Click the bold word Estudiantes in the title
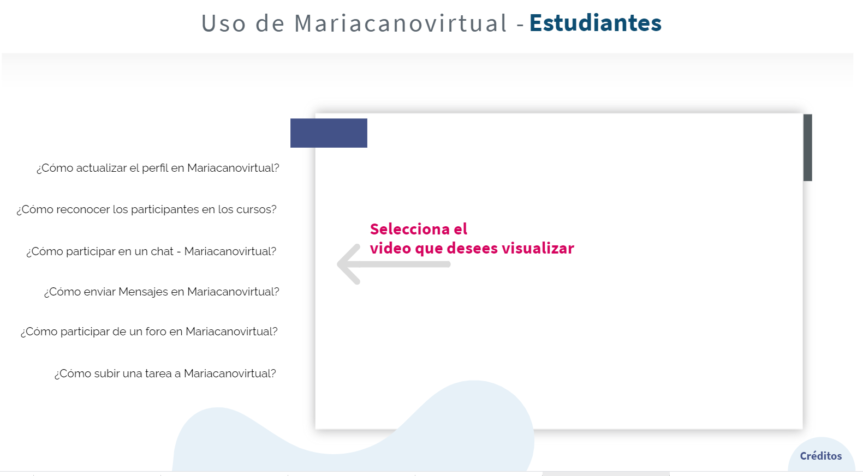coord(595,23)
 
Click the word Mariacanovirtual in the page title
coord(401,23)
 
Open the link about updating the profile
coord(158,168)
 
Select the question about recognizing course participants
coord(146,209)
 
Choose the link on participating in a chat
coord(151,251)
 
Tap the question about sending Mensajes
coord(162,292)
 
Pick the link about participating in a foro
coord(149,332)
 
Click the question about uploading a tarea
coord(165,373)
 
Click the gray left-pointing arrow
coord(394,264)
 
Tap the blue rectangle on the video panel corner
coord(329,133)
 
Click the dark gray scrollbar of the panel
coord(807,147)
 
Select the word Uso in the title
coord(223,23)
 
